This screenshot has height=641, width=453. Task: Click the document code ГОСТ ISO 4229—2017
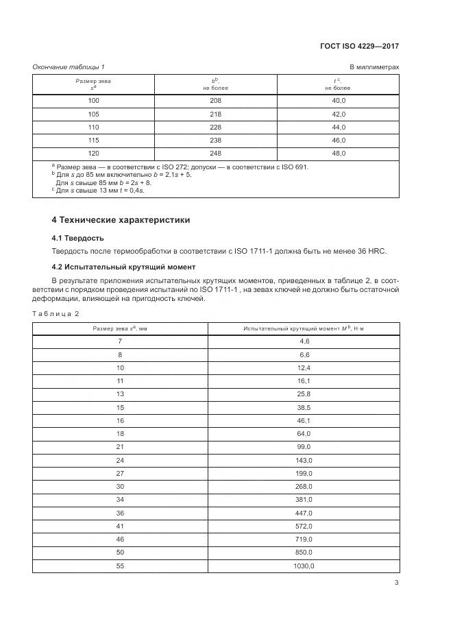359,47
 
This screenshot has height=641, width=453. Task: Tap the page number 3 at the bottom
396,583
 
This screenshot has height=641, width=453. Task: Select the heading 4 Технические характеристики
121,220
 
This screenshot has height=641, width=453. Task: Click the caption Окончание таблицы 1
69,66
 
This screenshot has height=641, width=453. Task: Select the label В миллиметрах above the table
374,66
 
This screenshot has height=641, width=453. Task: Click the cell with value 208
216,100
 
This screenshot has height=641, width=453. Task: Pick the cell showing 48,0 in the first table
338,154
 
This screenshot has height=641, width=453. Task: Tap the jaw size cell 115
94,141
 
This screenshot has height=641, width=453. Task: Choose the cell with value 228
216,127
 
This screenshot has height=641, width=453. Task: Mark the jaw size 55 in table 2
120,566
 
